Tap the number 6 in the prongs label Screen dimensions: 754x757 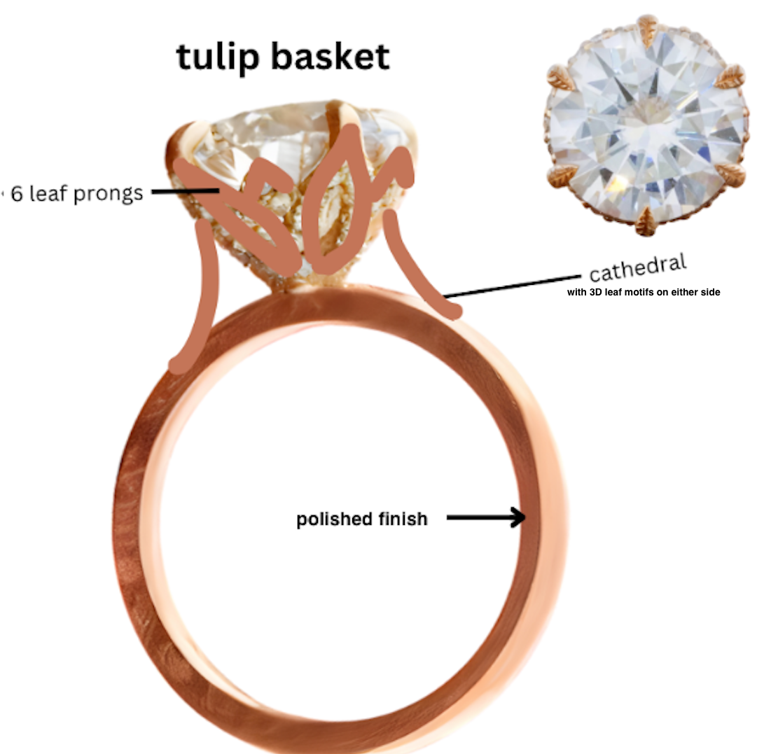(17, 194)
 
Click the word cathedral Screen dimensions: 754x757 (637, 268)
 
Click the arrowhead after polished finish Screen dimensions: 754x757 (518, 518)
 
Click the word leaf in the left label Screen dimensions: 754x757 (49, 193)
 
